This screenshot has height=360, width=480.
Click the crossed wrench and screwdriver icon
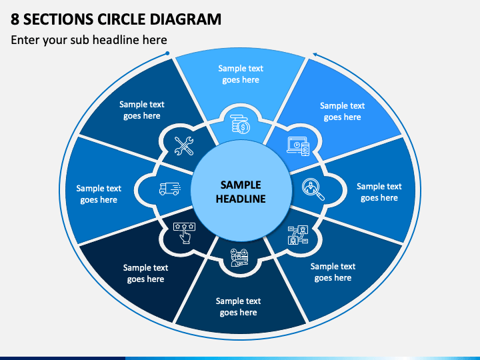184,146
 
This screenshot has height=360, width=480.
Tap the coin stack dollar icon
240,124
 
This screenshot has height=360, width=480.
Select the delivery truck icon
170,189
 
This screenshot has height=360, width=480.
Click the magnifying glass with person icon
313,189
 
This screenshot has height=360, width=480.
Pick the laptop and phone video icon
298,146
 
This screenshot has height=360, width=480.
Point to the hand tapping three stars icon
184,233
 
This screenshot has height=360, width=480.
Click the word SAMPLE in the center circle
241,185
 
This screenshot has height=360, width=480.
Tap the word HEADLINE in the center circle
241,199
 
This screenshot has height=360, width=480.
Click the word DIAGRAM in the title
185,19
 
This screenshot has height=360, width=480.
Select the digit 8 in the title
15,19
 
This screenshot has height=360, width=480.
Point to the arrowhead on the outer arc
315,55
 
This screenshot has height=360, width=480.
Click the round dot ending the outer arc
167,53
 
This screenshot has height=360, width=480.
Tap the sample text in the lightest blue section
241,74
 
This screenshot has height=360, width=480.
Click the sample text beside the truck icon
99,194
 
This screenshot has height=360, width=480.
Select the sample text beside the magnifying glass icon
379,192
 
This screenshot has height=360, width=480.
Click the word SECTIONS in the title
58,19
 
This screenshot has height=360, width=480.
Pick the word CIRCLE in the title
121,19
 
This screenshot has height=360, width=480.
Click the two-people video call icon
298,235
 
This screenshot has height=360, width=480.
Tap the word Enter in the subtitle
25,40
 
